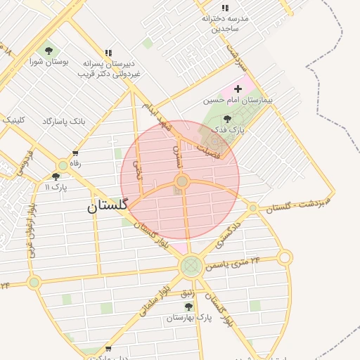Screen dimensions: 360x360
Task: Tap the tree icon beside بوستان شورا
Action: coord(49,51)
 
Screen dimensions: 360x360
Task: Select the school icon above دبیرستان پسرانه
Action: coord(108,53)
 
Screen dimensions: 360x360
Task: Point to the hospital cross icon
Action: coord(238,89)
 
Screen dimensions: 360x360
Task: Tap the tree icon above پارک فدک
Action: coord(226,119)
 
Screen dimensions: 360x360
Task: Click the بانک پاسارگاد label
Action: coord(64,122)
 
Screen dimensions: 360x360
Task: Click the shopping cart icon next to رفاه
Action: coord(75,153)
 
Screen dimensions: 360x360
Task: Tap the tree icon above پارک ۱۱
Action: coord(56,176)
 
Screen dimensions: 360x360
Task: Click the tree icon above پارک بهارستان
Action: coord(188,307)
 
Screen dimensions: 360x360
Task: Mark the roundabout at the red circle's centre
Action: coord(182,182)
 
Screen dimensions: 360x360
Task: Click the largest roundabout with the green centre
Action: coord(191,266)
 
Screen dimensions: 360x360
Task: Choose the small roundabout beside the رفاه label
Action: coord(63,165)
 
